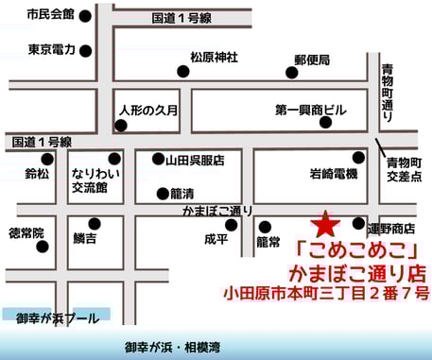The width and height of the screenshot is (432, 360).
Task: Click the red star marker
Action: tap(325, 224)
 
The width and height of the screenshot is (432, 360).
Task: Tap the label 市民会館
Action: tap(51, 16)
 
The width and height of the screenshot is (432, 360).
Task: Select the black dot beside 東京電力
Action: tap(86, 51)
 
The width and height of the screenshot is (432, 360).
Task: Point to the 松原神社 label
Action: tap(214, 58)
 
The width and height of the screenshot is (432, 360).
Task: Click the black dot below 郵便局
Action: tap(290, 72)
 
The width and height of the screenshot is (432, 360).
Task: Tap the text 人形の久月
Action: tap(148, 110)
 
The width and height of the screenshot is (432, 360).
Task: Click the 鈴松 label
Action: tap(37, 174)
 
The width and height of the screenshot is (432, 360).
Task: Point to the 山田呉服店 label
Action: tap(195, 161)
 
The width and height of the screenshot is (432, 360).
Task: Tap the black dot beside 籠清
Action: tap(162, 194)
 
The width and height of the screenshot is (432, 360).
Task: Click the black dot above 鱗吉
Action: tap(94, 224)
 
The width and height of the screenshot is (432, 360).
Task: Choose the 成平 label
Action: tap(216, 240)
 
